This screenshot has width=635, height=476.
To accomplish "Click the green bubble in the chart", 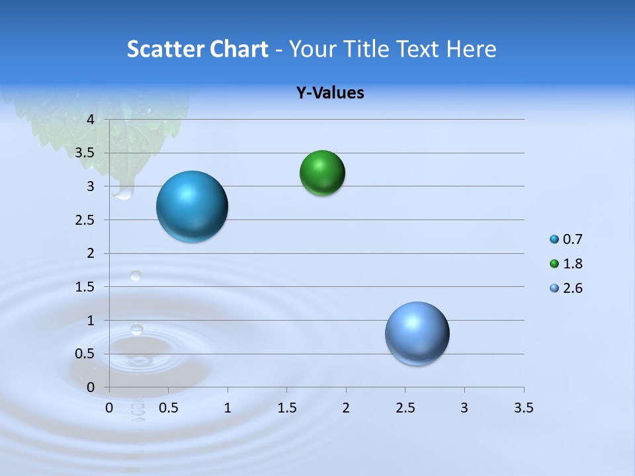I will pos(322,173).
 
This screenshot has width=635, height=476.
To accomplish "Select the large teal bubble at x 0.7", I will pos(192,206).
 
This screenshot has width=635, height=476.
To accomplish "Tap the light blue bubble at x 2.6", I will pos(417,333).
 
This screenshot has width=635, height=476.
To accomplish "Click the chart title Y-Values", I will pos(329,93).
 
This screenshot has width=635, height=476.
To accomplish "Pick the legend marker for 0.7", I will pos(554,239).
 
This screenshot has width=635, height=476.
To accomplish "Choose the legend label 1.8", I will pos(572,264).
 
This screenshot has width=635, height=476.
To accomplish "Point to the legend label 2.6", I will pos(572,288).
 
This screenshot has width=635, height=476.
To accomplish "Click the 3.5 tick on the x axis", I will pos(524,408).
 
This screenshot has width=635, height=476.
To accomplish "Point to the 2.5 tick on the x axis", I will pos(405,408).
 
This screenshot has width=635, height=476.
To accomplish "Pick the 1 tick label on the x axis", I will pos(228,408).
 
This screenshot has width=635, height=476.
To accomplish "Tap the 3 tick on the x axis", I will pos(464,408).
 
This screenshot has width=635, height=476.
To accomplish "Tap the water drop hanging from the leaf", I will pos(123,191).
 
